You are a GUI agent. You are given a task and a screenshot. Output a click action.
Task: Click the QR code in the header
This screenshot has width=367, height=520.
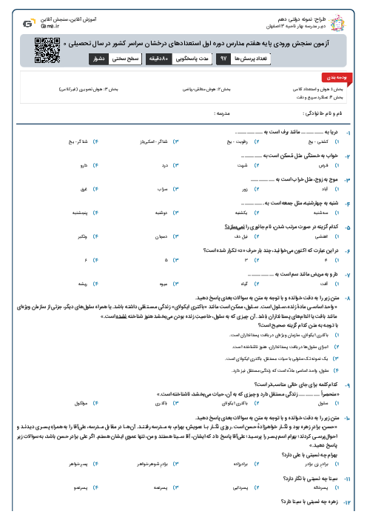click(x=46, y=50)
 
